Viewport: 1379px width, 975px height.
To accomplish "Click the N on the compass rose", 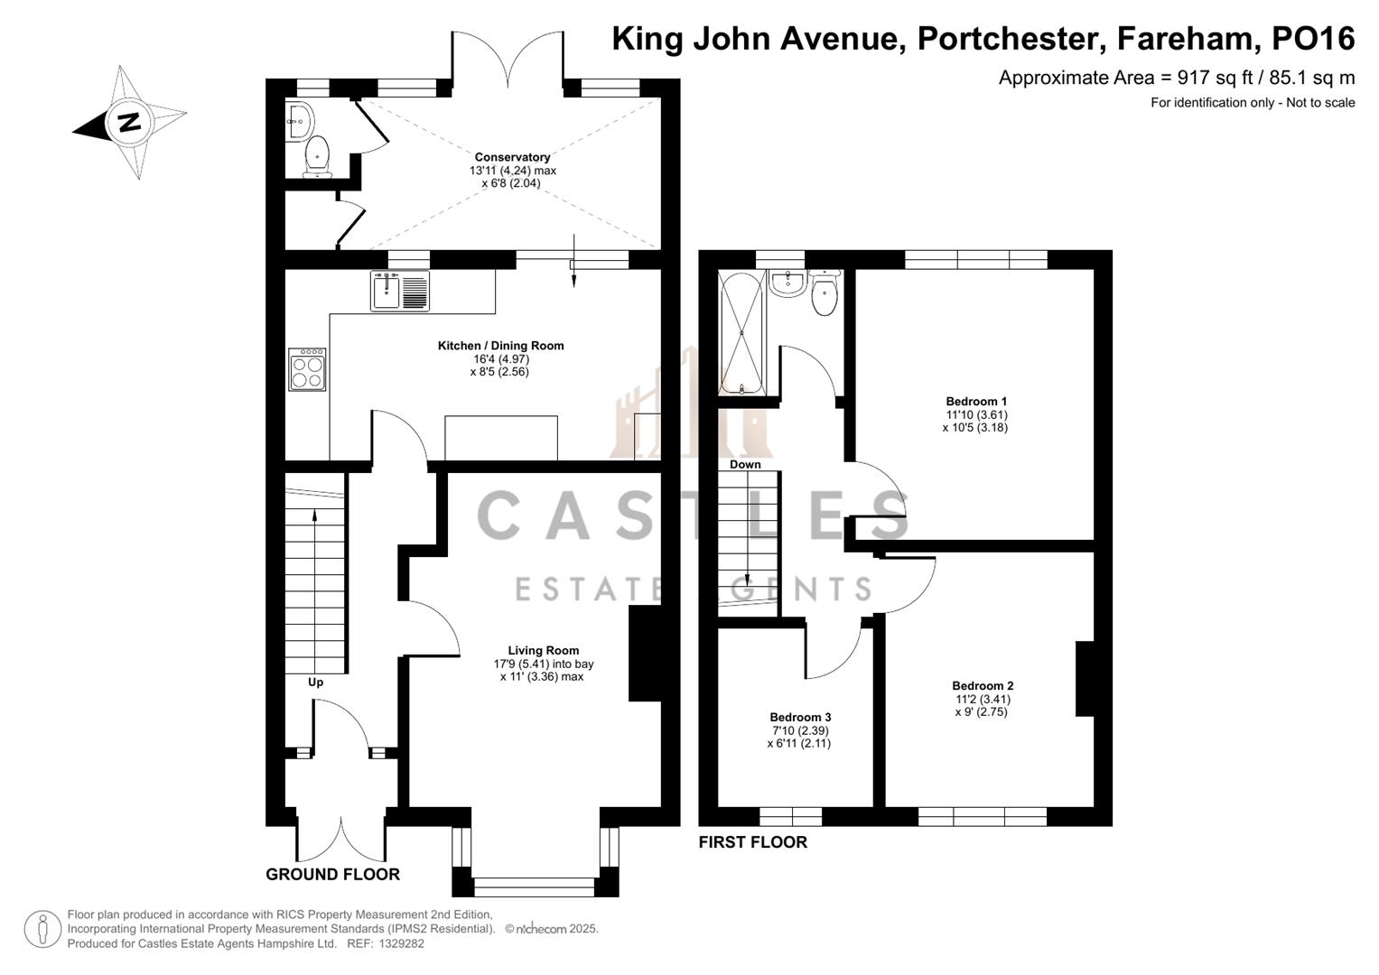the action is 129,122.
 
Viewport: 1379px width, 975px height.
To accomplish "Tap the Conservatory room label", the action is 512,157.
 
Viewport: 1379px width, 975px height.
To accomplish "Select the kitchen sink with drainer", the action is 399,291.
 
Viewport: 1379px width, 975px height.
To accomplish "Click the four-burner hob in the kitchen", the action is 307,369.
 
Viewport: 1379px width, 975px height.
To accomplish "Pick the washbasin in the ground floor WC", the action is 299,121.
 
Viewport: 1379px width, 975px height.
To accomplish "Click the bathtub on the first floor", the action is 741,333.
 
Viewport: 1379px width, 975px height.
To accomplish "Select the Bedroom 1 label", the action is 976,402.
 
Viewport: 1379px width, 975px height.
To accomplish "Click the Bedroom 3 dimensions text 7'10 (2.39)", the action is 799,730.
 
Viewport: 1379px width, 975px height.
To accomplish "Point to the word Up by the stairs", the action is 315,682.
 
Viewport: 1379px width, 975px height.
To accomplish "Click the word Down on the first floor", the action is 745,464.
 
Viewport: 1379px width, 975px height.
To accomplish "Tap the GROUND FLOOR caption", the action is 332,874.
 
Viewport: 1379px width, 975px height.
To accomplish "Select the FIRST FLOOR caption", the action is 752,842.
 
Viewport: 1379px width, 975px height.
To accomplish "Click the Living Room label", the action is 543,650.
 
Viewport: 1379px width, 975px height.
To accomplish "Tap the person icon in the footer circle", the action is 42,929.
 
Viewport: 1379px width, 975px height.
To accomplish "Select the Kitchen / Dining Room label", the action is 500,345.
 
